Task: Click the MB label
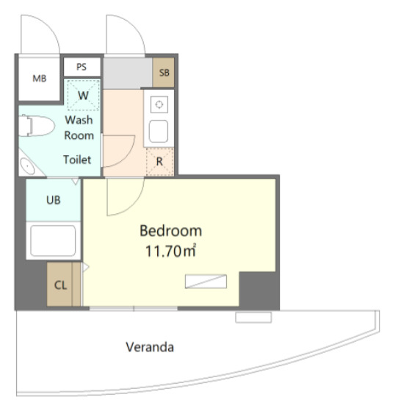39,79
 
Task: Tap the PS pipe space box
82,67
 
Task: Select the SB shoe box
163,72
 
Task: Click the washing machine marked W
84,95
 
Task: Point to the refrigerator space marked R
159,162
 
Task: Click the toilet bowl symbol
36,126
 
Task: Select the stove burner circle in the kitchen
159,104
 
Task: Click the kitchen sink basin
159,131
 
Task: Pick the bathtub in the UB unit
53,240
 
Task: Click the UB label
54,200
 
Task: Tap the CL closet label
60,285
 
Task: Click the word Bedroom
170,231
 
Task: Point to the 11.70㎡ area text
170,251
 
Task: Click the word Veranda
150,347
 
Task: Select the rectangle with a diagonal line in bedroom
206,282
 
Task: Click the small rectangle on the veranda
253,318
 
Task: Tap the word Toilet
77,160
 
